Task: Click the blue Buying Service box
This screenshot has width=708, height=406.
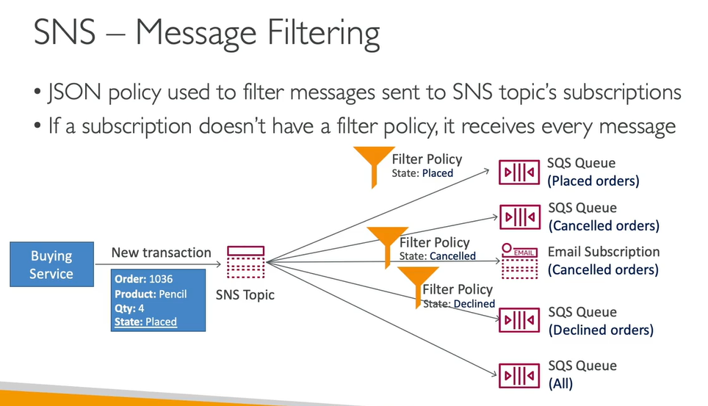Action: point(51,265)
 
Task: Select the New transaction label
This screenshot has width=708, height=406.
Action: point(161,253)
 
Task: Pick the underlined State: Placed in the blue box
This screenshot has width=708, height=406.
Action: point(146,322)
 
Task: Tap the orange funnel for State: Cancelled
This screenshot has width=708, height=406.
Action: point(383,243)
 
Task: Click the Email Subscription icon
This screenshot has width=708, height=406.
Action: point(519,261)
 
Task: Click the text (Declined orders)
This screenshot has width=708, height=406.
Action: point(601,330)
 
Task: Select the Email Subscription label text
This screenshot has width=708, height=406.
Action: point(604,252)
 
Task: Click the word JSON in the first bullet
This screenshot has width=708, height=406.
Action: point(71,93)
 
